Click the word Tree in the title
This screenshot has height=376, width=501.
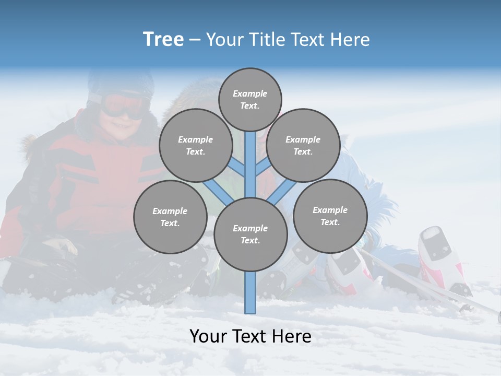[x=163, y=40]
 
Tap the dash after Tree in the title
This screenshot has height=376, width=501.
[x=195, y=40]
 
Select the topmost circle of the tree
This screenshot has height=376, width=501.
[x=250, y=99]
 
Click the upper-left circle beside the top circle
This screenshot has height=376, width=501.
[x=196, y=145]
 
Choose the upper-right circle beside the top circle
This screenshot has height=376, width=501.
[x=303, y=145]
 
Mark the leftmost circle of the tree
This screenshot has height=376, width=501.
[x=170, y=217]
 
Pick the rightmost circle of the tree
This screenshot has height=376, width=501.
[x=330, y=216]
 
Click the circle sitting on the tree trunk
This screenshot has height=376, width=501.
[x=250, y=234]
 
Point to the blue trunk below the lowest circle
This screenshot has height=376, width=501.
[x=250, y=292]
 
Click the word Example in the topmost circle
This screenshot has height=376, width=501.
[x=250, y=93]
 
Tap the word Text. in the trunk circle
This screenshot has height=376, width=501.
[x=250, y=241]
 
